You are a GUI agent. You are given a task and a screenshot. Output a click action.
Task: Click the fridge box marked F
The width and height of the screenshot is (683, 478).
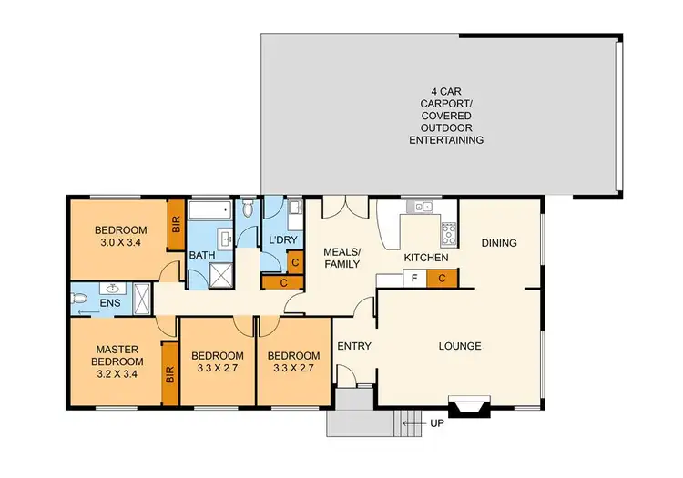[x=414, y=277]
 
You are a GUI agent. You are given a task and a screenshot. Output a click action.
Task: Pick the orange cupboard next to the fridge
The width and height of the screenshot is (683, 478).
[x=441, y=277]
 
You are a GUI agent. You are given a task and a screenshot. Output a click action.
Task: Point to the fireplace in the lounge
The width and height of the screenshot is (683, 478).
[x=471, y=406]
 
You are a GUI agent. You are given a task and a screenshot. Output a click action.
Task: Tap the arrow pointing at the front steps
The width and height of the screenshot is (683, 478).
[x=411, y=423]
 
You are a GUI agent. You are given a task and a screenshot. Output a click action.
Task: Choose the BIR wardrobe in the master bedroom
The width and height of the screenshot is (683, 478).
[x=169, y=373]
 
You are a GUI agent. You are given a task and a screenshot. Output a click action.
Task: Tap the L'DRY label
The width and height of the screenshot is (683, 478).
[x=282, y=240]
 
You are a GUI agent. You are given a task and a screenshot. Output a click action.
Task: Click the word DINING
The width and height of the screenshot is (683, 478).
[x=499, y=243]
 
